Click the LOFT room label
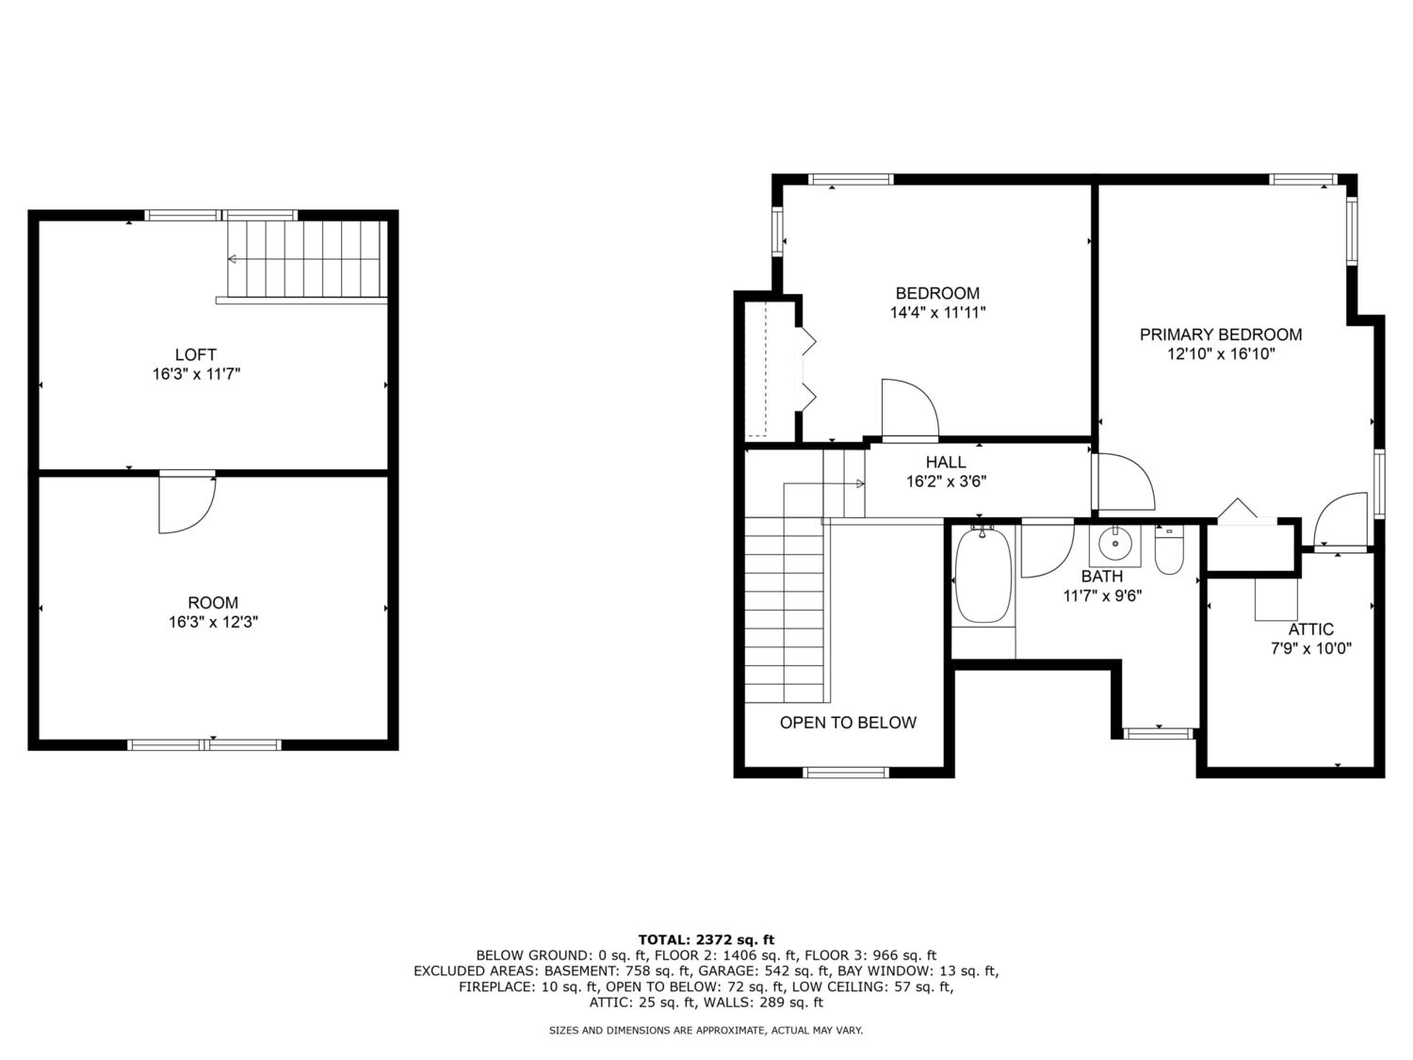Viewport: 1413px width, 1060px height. click(x=196, y=354)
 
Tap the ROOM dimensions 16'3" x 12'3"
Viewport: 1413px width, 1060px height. click(x=213, y=623)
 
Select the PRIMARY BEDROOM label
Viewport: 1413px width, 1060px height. click(x=1221, y=334)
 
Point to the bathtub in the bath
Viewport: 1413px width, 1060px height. click(x=983, y=576)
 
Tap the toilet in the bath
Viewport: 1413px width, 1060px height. click(x=1169, y=549)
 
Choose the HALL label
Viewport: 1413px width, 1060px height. click(x=946, y=462)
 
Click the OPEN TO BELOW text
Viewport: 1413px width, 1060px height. click(x=848, y=723)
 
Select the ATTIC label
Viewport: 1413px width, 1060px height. click(x=1310, y=629)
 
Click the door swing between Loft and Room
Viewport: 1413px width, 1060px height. click(x=187, y=505)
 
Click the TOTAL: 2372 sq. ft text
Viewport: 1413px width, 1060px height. click(x=706, y=940)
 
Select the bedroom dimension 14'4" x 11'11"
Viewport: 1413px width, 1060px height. click(x=938, y=313)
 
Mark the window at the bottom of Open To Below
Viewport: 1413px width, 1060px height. click(x=846, y=773)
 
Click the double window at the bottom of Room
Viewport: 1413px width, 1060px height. click(x=204, y=744)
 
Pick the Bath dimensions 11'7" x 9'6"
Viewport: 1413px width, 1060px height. click(x=1102, y=596)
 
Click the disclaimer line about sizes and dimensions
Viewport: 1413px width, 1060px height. click(x=706, y=1031)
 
